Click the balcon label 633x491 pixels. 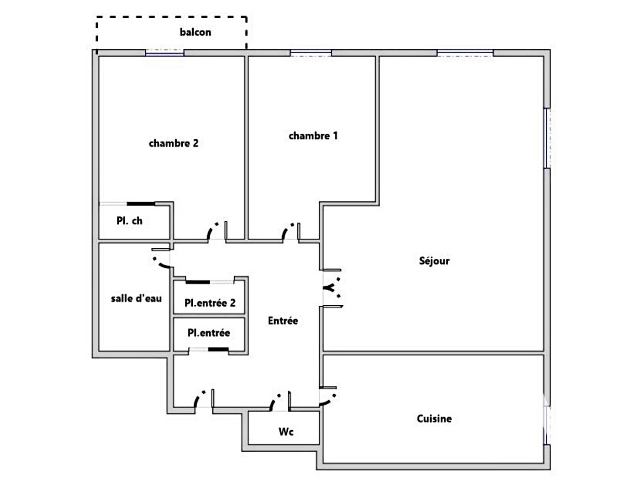[195, 32]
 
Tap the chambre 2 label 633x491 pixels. [174, 143]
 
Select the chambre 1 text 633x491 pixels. [313, 136]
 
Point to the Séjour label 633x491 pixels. [434, 261]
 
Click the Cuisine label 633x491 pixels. [434, 418]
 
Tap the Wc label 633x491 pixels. [286, 432]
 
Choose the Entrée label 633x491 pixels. [283, 320]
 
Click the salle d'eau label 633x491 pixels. [136, 298]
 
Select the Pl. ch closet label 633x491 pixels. [129, 220]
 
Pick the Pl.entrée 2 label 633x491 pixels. [210, 303]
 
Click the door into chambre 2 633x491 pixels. [217, 231]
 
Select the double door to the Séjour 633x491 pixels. [332, 288]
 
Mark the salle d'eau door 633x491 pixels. [161, 258]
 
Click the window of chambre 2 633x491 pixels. [164, 52]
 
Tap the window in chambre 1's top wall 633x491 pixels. [311, 52]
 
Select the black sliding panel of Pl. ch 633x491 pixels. [141, 204]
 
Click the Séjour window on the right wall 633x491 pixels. [547, 138]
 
